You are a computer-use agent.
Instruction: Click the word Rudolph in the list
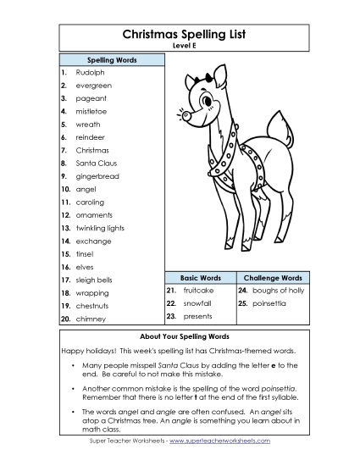tap(90, 73)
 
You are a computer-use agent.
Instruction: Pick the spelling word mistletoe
tap(92, 112)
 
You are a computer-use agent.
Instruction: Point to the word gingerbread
tap(97, 176)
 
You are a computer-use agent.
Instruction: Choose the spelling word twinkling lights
tap(100, 228)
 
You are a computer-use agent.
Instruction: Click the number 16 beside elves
tap(65, 267)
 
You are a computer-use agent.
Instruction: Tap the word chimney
tap(91, 319)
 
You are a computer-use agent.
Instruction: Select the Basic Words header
tap(201, 278)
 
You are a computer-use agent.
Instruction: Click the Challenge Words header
tap(272, 278)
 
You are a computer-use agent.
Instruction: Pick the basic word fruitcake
tap(198, 290)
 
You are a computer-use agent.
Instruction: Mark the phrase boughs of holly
tap(276, 290)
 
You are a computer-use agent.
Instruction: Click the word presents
tap(197, 316)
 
